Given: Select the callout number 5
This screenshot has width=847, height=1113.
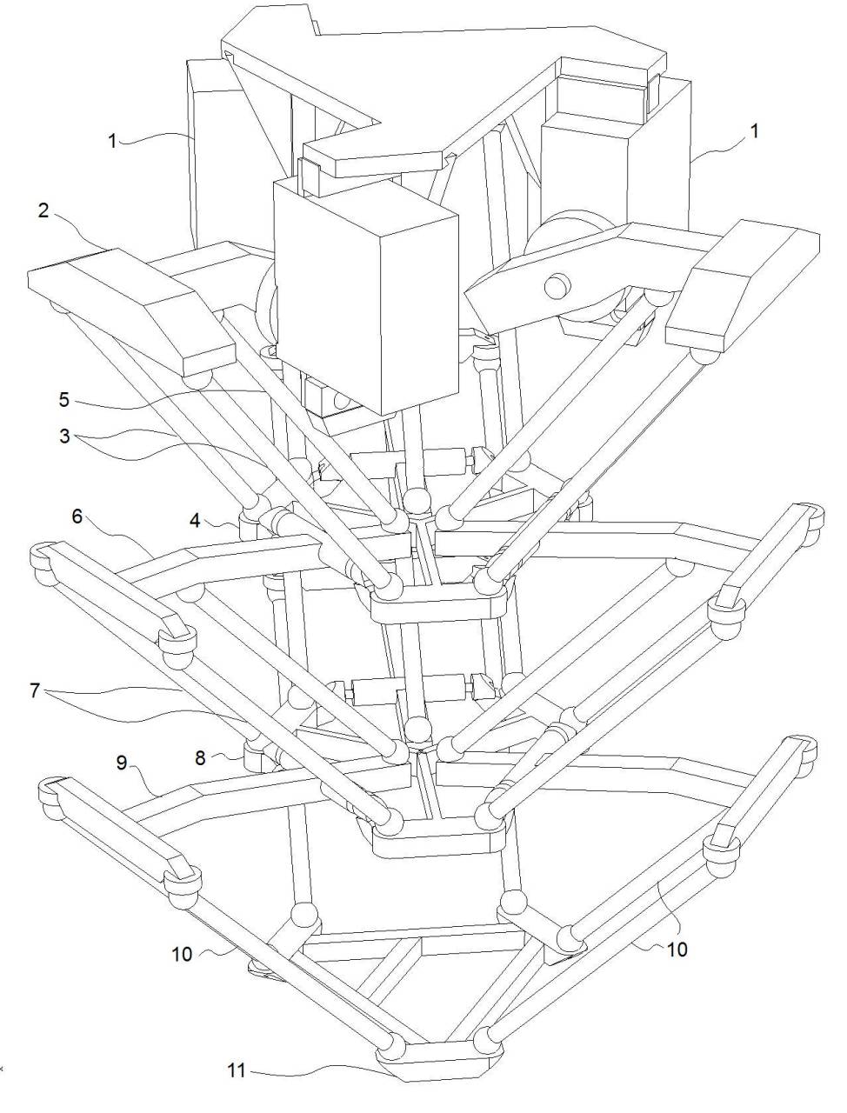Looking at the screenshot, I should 63,399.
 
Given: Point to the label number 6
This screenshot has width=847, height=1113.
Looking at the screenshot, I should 77,516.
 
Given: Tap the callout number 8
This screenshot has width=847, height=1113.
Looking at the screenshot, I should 200,756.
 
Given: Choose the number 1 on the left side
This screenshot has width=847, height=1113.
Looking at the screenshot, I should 113,141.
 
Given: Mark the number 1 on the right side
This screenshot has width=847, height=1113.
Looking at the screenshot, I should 754,130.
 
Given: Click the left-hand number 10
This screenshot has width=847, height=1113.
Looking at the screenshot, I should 183,954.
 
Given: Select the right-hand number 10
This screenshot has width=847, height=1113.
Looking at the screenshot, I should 676,949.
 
